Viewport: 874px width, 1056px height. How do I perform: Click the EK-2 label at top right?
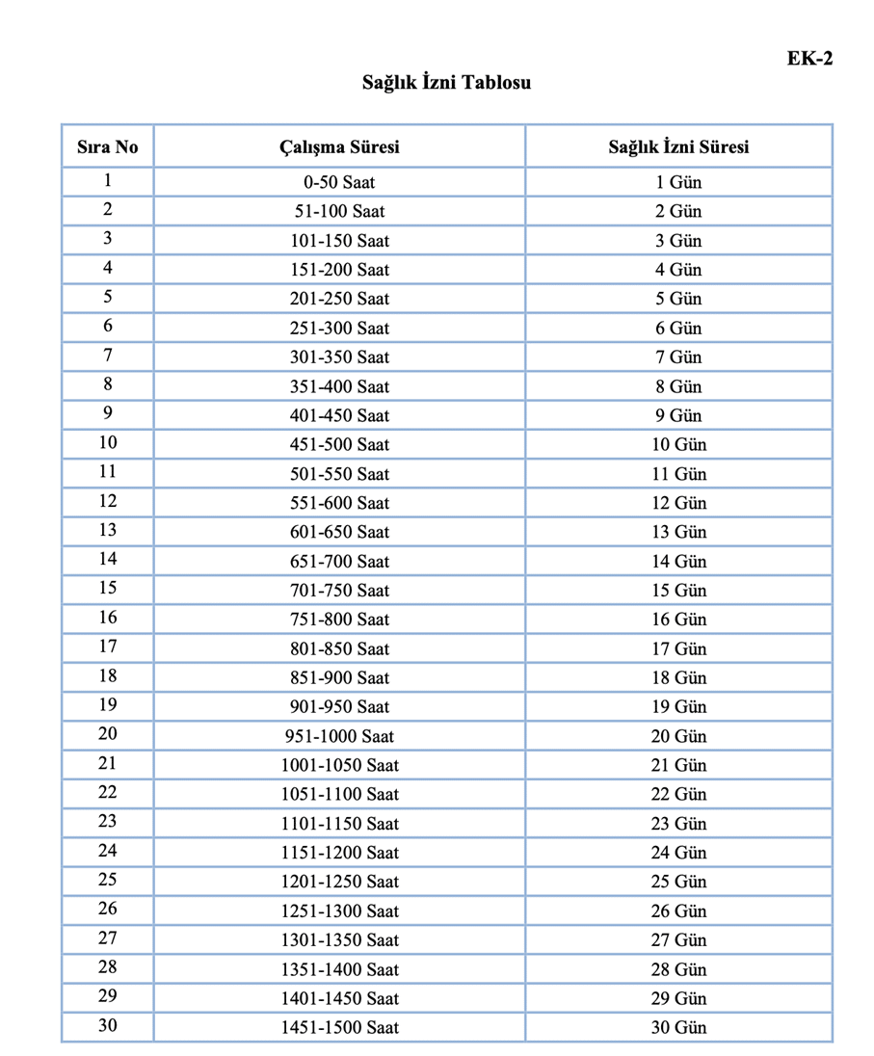click(x=808, y=59)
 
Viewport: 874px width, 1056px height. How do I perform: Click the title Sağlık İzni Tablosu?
click(x=446, y=83)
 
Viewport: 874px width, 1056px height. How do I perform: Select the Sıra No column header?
click(x=107, y=147)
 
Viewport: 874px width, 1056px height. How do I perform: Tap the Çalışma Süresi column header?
click(x=339, y=147)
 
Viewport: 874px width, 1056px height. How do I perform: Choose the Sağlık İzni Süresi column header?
click(x=678, y=147)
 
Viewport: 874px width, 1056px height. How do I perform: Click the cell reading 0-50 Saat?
click(x=339, y=182)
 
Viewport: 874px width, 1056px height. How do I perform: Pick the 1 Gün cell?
click(x=678, y=182)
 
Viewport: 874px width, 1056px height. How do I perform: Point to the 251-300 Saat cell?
click(x=339, y=328)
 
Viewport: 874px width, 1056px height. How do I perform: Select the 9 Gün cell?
click(x=678, y=415)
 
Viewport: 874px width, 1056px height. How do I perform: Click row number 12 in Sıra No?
click(x=107, y=501)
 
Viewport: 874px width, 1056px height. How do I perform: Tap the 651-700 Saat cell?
click(x=339, y=561)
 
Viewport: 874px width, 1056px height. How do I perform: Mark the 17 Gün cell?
click(x=678, y=648)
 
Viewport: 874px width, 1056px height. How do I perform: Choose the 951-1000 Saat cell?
click(x=339, y=736)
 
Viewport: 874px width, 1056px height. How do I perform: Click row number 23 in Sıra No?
click(x=107, y=822)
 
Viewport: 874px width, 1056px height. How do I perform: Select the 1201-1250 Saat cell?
click(x=339, y=882)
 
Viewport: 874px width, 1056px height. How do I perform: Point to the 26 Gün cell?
click(x=678, y=911)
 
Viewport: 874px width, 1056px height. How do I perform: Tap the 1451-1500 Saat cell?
click(x=339, y=1027)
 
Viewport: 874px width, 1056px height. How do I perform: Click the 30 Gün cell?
click(x=678, y=1027)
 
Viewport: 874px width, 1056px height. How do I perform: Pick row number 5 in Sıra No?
click(x=107, y=297)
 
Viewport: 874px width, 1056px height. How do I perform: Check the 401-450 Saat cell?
click(x=339, y=415)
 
